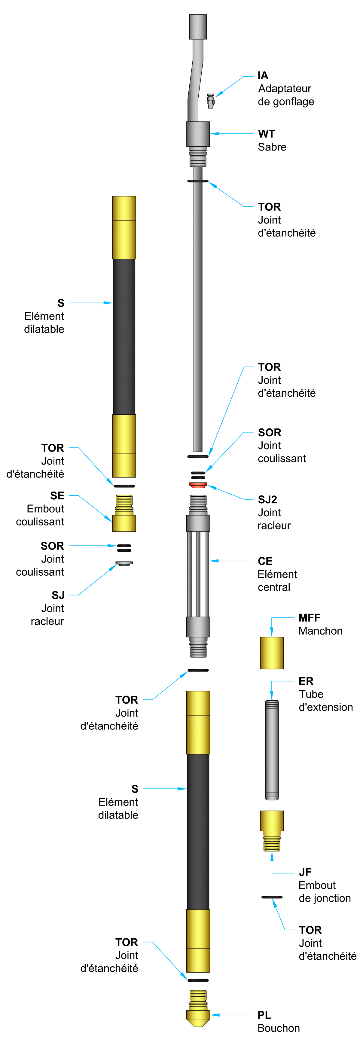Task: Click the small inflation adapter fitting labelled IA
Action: [210, 101]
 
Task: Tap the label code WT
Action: [266, 134]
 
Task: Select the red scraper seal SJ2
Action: [198, 485]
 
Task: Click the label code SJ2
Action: [267, 500]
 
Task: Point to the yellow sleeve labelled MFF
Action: [272, 653]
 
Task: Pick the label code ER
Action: [306, 681]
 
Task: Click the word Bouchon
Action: [279, 1028]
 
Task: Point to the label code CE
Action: [265, 561]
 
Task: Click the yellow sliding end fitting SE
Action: [124, 514]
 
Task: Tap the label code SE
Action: [57, 495]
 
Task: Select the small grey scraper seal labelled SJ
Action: [124, 563]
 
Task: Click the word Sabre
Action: [272, 147]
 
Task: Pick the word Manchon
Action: [320, 631]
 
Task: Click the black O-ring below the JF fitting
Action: [272, 897]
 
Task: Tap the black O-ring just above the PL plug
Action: [198, 980]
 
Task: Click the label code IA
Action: [263, 75]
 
